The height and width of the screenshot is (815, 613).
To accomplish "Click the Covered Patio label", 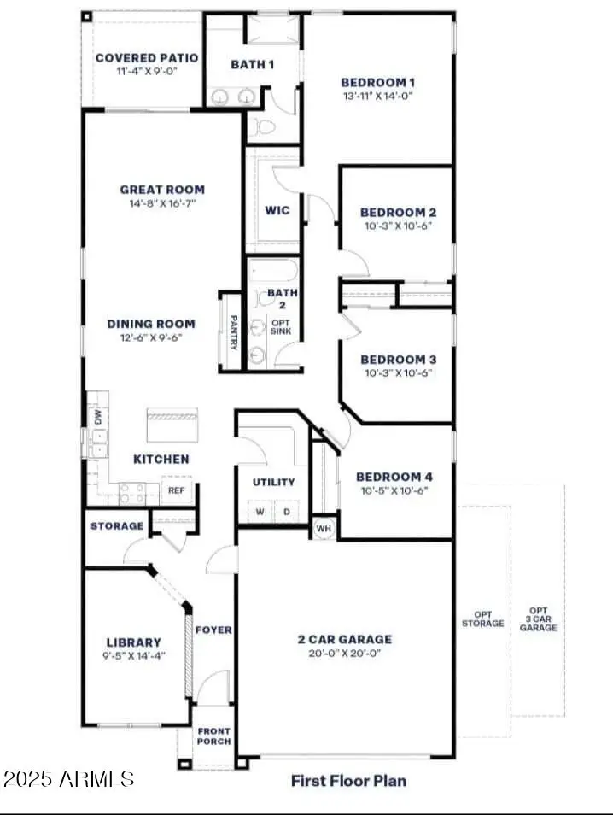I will click(x=146, y=58).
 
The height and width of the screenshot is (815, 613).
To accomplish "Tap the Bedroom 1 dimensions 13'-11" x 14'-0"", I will click(x=377, y=97).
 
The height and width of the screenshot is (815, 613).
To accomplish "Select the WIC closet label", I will click(x=277, y=210).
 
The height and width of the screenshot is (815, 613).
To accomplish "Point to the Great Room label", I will click(x=162, y=190).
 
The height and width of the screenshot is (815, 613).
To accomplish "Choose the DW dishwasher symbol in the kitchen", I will click(x=97, y=417).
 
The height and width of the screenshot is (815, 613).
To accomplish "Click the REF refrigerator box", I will click(x=177, y=491).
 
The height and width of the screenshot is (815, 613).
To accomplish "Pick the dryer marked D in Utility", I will click(x=287, y=512).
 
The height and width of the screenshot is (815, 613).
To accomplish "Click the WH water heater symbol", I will click(x=323, y=527).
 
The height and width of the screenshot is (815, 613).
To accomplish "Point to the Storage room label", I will click(x=117, y=526).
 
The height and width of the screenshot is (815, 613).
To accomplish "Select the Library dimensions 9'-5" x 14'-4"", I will click(x=133, y=656).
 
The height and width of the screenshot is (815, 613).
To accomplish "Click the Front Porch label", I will click(x=213, y=736).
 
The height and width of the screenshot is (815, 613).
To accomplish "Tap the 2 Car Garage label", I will click(x=345, y=639).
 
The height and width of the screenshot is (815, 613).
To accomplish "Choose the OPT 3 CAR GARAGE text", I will click(x=538, y=619).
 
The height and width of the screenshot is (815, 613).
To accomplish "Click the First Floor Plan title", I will click(x=348, y=780).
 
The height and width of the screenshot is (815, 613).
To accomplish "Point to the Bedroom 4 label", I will click(x=388, y=477).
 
